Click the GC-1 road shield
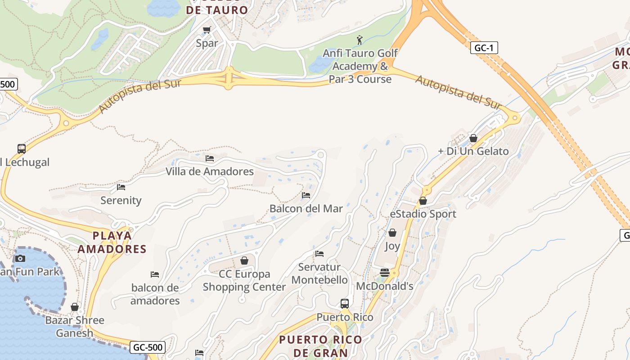(x=484, y=48)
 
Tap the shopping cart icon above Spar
(x=207, y=30)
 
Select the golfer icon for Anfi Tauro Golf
(x=359, y=40)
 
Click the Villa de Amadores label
(x=210, y=171)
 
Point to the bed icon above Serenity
(x=121, y=187)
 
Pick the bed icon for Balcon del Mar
(x=306, y=195)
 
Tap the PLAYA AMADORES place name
(x=112, y=242)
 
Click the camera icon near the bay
(x=20, y=258)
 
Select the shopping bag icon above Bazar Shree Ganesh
(x=75, y=307)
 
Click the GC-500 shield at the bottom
(x=148, y=347)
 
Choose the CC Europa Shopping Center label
(x=244, y=280)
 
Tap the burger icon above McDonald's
(x=384, y=272)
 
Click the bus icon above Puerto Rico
(x=345, y=303)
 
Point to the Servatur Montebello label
(x=319, y=273)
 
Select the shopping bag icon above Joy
(x=392, y=233)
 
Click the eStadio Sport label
(x=423, y=214)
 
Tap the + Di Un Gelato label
(x=473, y=151)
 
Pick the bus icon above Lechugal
(x=21, y=148)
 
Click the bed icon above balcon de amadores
(x=155, y=274)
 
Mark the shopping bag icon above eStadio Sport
(x=423, y=201)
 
